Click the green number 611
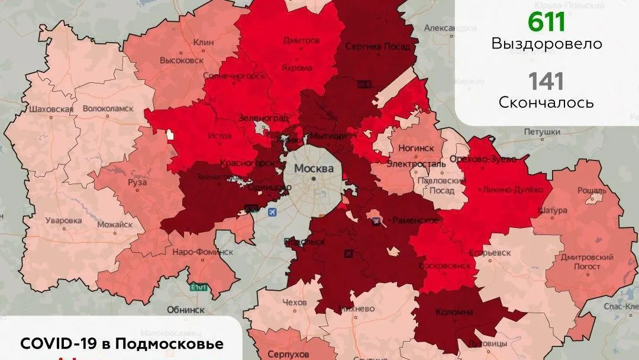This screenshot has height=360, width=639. tap(546, 22)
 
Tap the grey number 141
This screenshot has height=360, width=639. tap(546, 81)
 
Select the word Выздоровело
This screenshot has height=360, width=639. tap(546, 44)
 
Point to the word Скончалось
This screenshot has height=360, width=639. tap(546, 102)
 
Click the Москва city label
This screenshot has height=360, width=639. tap(314, 168)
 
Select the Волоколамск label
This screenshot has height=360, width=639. tap(108, 109)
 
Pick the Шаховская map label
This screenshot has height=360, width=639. tap(51, 109)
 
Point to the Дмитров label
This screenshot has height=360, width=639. tap(301, 41)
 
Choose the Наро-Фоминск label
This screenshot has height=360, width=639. tap(202, 252)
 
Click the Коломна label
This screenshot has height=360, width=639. tap(454, 311)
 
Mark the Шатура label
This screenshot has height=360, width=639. tap(553, 210)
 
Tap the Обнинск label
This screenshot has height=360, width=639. tap(185, 309)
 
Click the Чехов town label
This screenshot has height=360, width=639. tap(295, 303)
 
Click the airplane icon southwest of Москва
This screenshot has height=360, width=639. tap(272, 212)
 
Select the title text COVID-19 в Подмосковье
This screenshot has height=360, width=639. tap(122, 344)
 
